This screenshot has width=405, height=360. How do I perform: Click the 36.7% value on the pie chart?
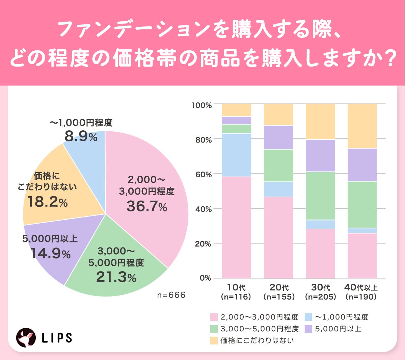[x=146, y=206]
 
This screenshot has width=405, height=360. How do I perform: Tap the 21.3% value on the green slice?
[x=116, y=277]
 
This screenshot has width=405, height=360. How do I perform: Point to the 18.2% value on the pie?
[x=48, y=202]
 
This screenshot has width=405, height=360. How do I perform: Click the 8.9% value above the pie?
[x=81, y=136]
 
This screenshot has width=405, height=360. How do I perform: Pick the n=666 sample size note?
[x=171, y=295]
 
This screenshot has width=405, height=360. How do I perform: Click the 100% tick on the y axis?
[x=202, y=105]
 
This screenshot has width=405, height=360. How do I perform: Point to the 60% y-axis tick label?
[x=203, y=175]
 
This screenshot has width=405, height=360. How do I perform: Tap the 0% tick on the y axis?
[x=205, y=278]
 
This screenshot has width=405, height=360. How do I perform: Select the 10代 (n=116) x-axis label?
[x=236, y=292]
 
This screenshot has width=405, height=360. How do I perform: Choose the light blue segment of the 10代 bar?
[x=237, y=155]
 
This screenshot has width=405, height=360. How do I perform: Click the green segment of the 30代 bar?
[x=320, y=196]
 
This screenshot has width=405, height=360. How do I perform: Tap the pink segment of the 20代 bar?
[x=278, y=237]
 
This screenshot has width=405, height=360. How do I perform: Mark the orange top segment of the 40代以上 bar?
[x=362, y=126]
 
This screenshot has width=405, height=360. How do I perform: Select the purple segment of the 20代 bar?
[x=278, y=137]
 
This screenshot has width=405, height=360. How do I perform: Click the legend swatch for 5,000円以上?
[x=308, y=329]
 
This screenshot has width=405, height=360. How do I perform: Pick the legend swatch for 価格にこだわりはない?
[x=214, y=340]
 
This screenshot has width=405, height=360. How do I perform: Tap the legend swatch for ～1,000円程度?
[x=308, y=317]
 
